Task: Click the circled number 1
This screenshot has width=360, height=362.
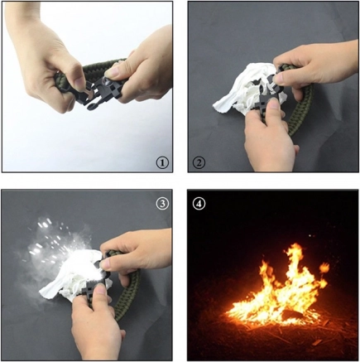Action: (x=162, y=162)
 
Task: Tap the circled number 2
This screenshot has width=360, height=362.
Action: (x=199, y=162)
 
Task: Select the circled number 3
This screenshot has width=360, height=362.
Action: (x=162, y=204)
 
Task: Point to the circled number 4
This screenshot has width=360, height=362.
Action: (x=199, y=204)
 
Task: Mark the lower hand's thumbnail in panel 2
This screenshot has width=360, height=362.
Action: (x=273, y=104)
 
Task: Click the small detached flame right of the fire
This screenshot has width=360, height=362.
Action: (x=324, y=268)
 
